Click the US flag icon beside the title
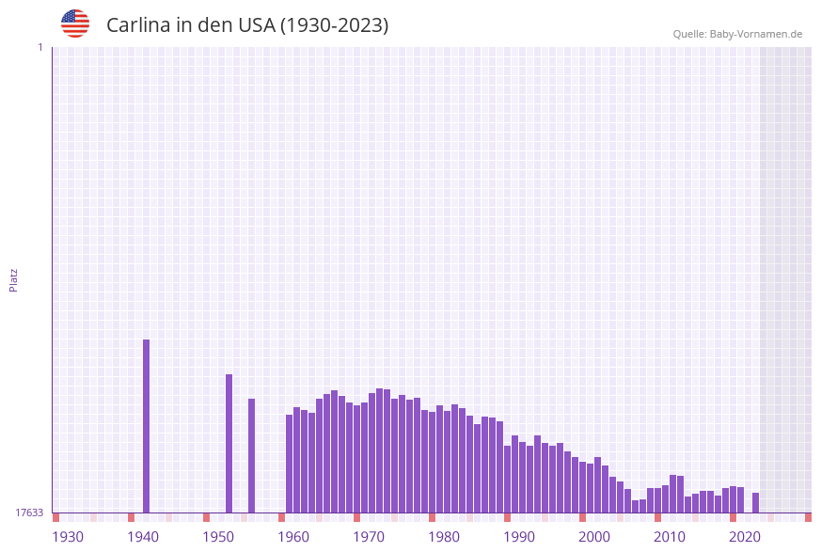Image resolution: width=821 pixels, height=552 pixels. [x=75, y=24]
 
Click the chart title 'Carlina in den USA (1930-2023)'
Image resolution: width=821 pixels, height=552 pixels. [x=247, y=25]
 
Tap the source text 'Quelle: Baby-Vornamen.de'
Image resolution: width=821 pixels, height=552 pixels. [x=737, y=34]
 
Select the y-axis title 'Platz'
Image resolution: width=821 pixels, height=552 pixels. [x=14, y=279]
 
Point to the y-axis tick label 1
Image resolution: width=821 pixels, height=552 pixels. [x=39, y=47]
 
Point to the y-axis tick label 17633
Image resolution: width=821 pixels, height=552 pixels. [x=29, y=513]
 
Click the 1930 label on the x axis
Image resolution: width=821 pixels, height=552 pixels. [x=68, y=537]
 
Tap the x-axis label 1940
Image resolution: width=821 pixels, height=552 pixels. [x=143, y=537]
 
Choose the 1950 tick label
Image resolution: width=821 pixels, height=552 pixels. [x=218, y=537]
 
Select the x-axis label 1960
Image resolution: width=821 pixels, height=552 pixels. [x=293, y=537]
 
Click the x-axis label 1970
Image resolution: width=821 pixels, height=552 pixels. [x=369, y=537]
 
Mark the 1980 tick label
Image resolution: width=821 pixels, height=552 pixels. [x=444, y=537]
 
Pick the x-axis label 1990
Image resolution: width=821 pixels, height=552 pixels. [x=519, y=537]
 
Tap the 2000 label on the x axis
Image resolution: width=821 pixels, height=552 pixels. [x=594, y=537]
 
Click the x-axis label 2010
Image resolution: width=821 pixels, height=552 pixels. [x=670, y=537]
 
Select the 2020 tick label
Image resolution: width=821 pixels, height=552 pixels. [x=745, y=537]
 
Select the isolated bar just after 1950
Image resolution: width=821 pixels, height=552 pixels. [x=229, y=443]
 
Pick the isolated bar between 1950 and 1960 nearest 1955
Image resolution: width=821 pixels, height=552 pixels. [x=252, y=455]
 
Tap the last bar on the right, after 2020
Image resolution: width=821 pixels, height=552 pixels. [x=756, y=502]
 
